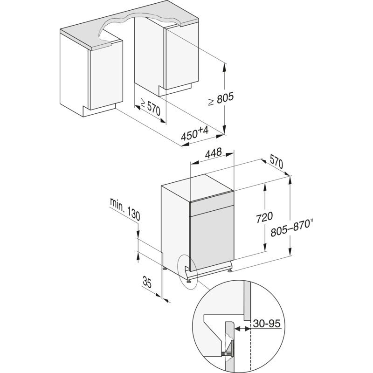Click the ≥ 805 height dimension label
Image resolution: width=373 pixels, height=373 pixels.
[x=221, y=99]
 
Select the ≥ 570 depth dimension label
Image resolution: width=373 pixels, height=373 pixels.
[x=150, y=107]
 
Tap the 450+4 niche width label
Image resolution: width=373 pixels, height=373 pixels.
[x=194, y=133]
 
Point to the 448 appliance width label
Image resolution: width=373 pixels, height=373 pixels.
[x=214, y=153]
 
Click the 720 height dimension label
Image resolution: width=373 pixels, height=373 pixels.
[x=264, y=217]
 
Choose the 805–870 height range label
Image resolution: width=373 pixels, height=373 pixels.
[x=290, y=228]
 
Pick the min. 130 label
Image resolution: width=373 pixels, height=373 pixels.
[x=125, y=209]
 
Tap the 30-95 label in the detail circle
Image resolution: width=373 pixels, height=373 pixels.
[x=267, y=324]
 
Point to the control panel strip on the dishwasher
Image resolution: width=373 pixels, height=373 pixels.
[x=212, y=207]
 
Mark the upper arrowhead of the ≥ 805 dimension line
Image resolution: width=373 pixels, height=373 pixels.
[x=224, y=68]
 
